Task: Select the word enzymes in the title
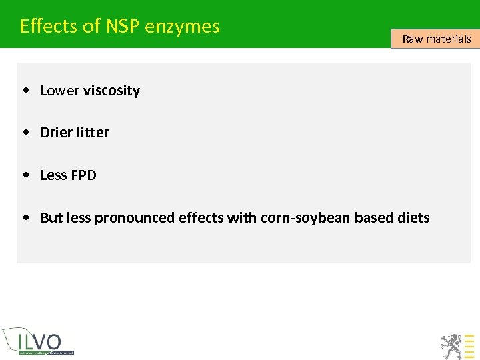point(182,26)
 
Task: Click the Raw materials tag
point(436,39)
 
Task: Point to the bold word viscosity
point(111,91)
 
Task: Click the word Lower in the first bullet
point(60,91)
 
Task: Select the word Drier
point(57,133)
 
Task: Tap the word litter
point(93,133)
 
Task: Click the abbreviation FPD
point(83,175)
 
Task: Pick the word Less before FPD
point(53,175)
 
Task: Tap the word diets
point(413,218)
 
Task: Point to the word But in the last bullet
point(51,218)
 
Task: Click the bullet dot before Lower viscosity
point(25,91)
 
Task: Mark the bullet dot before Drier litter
point(25,133)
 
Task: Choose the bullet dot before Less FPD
point(25,175)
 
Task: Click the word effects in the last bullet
point(200,218)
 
